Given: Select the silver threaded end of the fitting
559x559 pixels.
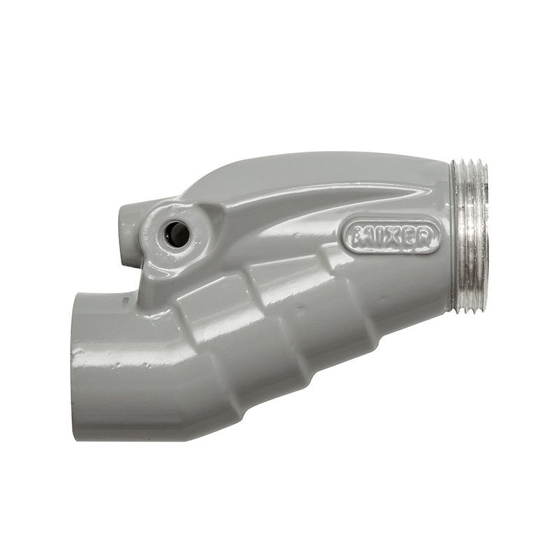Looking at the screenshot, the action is (x=470, y=236).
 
